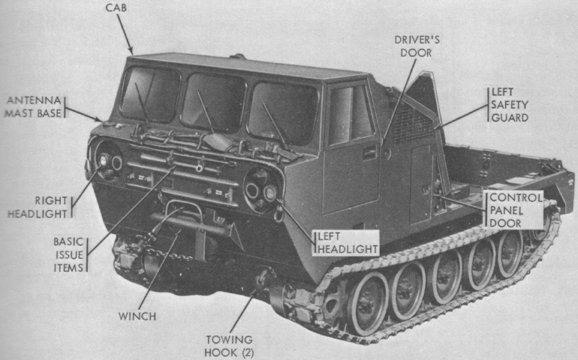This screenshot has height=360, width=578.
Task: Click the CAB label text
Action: (116, 7)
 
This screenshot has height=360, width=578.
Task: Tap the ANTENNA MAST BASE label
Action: (34, 106)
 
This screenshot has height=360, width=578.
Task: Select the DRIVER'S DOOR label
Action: (417, 46)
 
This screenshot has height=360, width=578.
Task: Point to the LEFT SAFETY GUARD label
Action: (510, 105)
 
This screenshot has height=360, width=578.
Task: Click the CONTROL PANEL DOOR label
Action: (515, 210)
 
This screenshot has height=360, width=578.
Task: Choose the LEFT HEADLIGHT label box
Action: (346, 242)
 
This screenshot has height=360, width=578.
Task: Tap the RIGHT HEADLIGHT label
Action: (38, 207)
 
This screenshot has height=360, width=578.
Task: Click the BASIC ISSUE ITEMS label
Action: (68, 254)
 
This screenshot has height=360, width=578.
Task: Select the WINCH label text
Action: (137, 316)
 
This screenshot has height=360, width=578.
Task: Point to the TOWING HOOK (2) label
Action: (229, 346)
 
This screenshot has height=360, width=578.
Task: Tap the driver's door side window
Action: (351, 115)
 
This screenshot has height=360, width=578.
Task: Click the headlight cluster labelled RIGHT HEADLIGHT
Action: (109, 162)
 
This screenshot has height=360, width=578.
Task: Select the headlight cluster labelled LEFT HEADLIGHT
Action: (261, 190)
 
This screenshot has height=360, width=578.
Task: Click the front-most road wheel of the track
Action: (367, 304)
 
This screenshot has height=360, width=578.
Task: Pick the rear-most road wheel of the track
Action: (510, 253)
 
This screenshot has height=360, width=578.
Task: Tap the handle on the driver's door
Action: (370, 152)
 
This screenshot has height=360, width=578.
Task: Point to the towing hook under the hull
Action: (263, 279)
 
